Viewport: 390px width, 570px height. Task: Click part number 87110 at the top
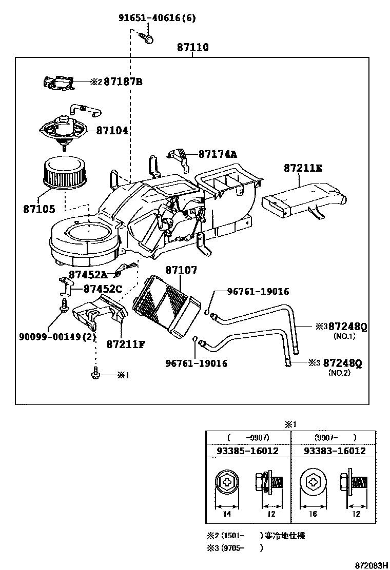(x=193, y=48)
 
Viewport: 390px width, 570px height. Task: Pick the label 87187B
(x=123, y=82)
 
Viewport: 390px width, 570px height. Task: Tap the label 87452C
(x=103, y=290)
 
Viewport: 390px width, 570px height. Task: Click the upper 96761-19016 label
(x=258, y=292)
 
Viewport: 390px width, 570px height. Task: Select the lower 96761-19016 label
(x=196, y=363)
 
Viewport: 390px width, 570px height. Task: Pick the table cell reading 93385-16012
(x=248, y=451)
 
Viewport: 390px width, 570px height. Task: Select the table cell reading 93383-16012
(x=334, y=451)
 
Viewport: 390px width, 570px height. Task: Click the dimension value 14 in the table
(x=227, y=514)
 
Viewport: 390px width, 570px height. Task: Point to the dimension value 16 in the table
(x=314, y=514)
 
